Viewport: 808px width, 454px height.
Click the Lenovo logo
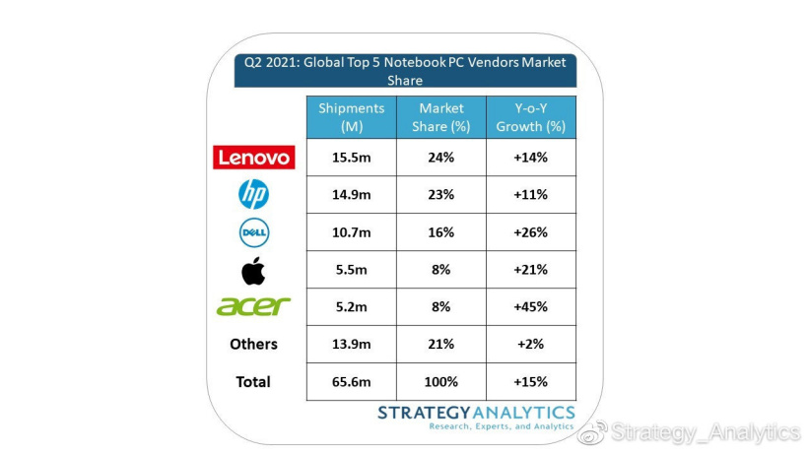click(x=253, y=158)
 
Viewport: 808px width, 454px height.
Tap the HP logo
click(x=253, y=195)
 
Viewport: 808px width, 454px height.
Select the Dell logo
click(x=253, y=232)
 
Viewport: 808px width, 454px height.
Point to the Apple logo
click(x=253, y=269)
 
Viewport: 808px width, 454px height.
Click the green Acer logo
click(x=253, y=306)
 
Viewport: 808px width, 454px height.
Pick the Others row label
click(x=253, y=344)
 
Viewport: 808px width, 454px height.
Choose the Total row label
click(x=253, y=381)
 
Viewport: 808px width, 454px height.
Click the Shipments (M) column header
click(x=352, y=117)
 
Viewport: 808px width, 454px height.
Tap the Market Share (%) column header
click(x=440, y=117)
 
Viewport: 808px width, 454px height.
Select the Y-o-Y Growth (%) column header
click(x=530, y=117)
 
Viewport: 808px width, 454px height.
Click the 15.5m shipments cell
click(x=352, y=158)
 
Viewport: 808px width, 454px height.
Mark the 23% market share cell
click(x=440, y=195)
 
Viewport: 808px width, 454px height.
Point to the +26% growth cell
click(x=530, y=232)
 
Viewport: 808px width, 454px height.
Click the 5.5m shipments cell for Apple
click(x=352, y=270)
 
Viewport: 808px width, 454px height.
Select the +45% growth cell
click(x=530, y=307)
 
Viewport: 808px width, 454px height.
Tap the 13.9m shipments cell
click(x=352, y=345)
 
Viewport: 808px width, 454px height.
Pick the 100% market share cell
click(x=440, y=382)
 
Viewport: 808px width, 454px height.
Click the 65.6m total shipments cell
click(x=352, y=382)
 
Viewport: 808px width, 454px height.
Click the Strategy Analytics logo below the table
click(x=476, y=416)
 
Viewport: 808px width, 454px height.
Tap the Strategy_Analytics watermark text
click(x=704, y=432)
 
